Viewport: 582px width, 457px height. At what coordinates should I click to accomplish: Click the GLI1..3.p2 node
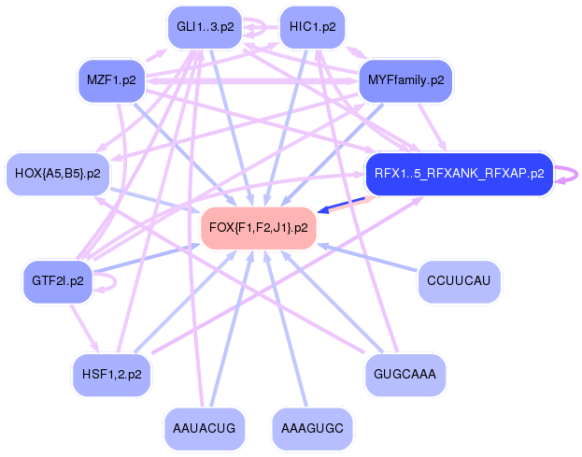click(204, 27)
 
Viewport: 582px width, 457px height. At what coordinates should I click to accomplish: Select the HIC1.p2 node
click(313, 27)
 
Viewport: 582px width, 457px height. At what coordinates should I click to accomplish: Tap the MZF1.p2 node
click(111, 80)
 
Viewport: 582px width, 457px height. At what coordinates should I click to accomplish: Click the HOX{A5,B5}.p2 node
click(58, 173)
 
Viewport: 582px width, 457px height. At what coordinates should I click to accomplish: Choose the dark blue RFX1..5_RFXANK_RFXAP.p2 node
click(459, 174)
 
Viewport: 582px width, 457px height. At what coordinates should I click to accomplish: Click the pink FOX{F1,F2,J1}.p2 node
click(259, 227)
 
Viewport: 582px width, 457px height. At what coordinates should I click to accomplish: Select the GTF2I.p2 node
click(57, 280)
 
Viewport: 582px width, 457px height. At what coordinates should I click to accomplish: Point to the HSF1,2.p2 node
click(111, 375)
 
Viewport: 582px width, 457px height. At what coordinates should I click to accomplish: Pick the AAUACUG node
click(205, 428)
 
